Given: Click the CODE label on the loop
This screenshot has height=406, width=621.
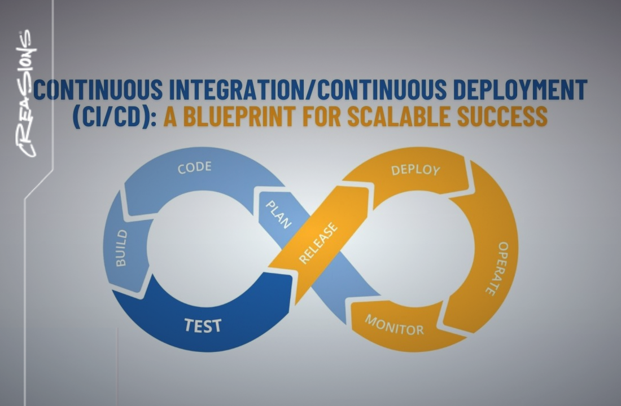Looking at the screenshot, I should coord(194,167).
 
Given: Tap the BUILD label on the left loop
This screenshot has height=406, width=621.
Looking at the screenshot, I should coord(121,248).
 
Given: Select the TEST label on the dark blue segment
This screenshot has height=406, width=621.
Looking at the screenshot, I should coord(203,325).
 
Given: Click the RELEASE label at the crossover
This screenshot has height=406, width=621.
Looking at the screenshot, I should coord(319,243).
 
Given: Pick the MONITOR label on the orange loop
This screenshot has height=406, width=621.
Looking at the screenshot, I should coord(394,324).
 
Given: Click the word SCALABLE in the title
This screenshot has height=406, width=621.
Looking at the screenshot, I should coord(414,116).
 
